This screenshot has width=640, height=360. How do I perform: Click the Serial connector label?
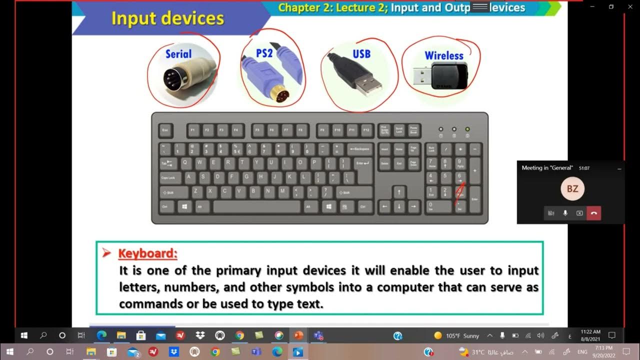(x=178, y=54)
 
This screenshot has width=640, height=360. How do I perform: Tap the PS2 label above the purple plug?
(x=264, y=52)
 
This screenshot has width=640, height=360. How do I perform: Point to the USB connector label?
(x=361, y=53)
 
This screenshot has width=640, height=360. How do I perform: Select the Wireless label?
(x=444, y=55)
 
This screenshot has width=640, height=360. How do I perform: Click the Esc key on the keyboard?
(x=166, y=130)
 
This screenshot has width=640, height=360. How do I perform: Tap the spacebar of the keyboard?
(x=257, y=206)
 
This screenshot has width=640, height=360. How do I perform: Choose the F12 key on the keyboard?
(x=366, y=130)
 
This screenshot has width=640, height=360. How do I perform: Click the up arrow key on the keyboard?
(x=399, y=191)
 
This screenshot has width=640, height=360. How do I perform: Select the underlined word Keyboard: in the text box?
(x=147, y=253)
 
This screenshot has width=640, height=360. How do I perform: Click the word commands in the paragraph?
(x=151, y=304)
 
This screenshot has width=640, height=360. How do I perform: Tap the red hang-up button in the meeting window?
(x=593, y=213)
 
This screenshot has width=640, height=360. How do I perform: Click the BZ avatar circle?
(x=572, y=189)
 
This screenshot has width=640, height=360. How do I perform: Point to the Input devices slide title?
(x=167, y=18)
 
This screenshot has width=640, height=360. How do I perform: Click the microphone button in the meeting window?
(x=565, y=213)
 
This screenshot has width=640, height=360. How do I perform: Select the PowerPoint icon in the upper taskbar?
(x=298, y=335)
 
